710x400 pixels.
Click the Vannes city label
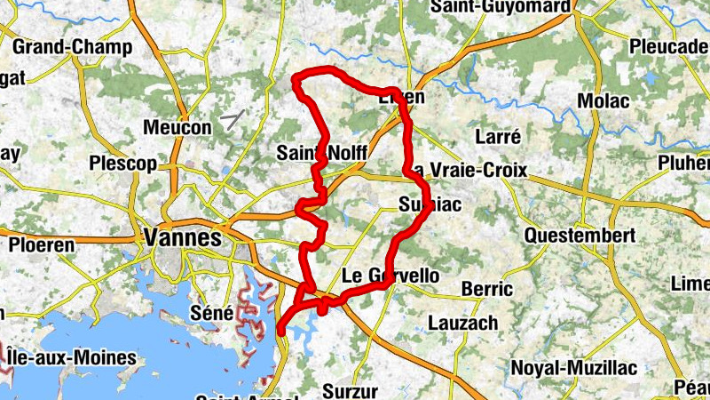tap(181, 238)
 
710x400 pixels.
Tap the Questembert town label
tap(580, 236)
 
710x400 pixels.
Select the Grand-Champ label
tap(73, 46)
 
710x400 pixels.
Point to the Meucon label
tap(177, 128)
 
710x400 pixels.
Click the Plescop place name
tap(122, 164)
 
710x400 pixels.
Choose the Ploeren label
tap(43, 244)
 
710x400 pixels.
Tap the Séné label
tap(212, 313)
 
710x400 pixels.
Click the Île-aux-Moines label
tap(71, 358)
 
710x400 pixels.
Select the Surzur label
tap(350, 390)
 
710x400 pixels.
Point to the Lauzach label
tap(463, 323)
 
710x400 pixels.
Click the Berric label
tap(488, 289)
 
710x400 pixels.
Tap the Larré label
tap(498, 137)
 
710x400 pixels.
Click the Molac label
tap(603, 101)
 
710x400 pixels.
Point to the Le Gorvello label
tap(390, 276)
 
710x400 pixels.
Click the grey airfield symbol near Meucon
tap(235, 118)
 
